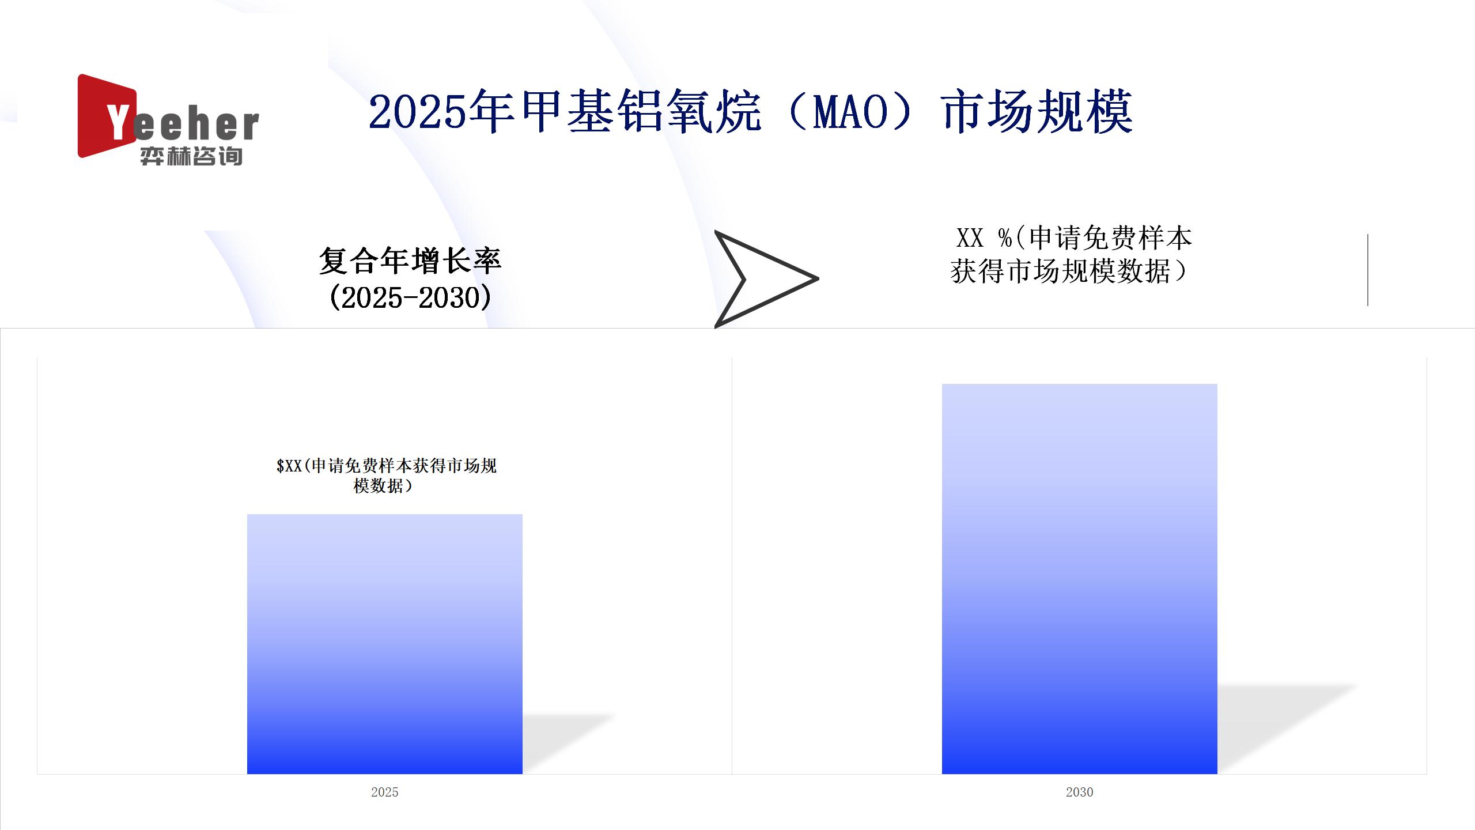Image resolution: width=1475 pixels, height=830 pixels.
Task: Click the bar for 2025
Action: click(385, 644)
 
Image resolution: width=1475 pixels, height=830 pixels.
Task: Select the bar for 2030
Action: click(1080, 579)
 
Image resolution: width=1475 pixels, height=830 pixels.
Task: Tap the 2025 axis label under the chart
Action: click(385, 792)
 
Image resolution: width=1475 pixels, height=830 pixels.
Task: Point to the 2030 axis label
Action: click(1080, 792)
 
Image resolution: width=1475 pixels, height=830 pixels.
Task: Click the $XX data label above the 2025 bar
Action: click(387, 476)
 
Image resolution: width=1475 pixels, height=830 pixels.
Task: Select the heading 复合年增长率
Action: click(410, 261)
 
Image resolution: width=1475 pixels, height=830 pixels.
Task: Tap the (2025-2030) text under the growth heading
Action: click(410, 297)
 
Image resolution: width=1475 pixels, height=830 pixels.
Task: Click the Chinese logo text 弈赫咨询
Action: click(191, 156)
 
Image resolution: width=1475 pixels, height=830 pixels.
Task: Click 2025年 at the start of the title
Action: click(441, 111)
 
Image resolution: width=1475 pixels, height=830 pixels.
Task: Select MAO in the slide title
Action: click(850, 112)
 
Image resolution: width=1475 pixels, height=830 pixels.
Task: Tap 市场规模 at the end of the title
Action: click(1038, 111)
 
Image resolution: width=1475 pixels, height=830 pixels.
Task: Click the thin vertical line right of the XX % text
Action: click(1368, 270)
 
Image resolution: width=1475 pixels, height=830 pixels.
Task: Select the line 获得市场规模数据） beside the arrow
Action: click(1069, 271)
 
